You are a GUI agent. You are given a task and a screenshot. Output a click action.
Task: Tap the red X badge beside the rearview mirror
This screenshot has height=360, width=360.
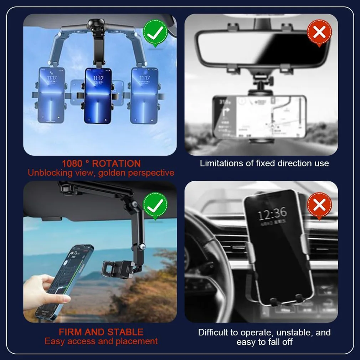coord(319,32)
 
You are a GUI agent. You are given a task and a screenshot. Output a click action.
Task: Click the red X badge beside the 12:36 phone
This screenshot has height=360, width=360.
coord(319,205)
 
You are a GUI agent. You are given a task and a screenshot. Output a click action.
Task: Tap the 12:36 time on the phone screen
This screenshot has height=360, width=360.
coord(272,214)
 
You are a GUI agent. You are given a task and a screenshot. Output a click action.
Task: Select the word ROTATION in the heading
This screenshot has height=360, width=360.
coord(116,164)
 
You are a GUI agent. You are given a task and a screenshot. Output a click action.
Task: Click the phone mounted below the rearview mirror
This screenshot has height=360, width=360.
coord(259,117)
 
